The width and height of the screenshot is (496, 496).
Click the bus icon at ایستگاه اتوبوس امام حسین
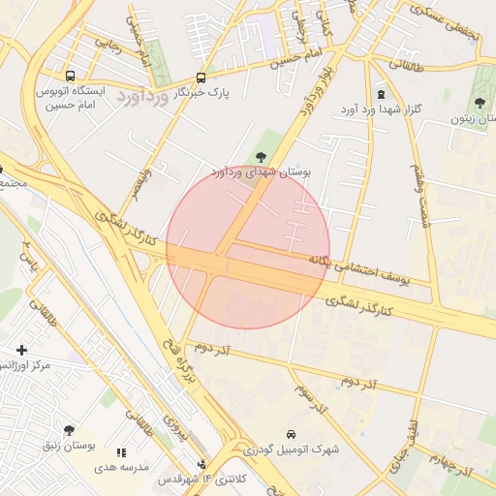(70, 76)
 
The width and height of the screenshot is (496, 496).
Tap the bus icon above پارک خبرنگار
(201, 77)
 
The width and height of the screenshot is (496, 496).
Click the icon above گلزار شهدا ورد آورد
(380, 94)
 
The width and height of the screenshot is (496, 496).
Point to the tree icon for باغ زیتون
(480, 103)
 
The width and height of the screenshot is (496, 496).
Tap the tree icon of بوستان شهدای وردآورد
(260, 157)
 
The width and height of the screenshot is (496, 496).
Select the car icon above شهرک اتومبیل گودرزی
(292, 434)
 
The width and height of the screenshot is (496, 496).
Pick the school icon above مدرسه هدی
(121, 451)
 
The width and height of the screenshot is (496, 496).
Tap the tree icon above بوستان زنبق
(69, 429)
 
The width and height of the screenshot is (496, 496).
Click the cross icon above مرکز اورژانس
(21, 349)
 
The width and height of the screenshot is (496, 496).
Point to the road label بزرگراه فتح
(171, 359)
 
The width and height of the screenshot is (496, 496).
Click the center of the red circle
(248, 247)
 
